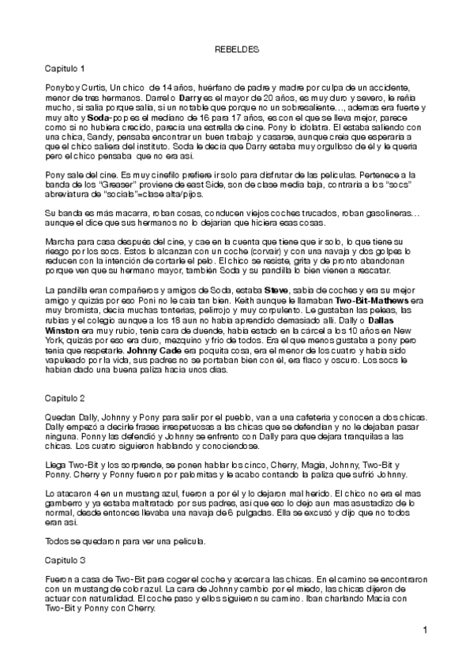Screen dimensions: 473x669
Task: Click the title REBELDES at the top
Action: point(236,49)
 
